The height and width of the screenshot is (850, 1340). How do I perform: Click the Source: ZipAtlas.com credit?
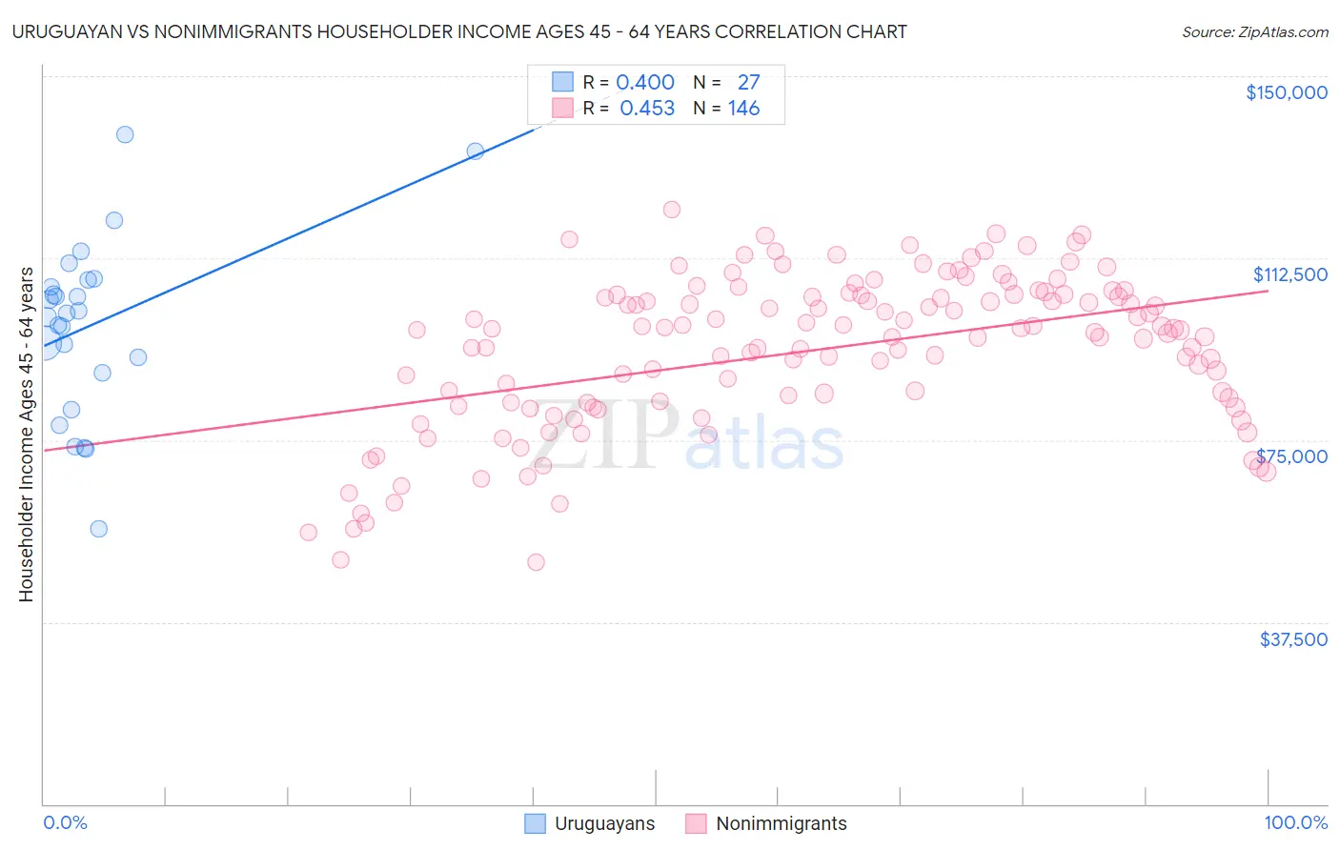coord(1254,31)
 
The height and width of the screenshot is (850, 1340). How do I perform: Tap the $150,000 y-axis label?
coord(1286,92)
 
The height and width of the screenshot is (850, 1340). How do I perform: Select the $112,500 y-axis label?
coord(1289,274)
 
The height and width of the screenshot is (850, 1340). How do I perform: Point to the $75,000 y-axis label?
coord(1291,456)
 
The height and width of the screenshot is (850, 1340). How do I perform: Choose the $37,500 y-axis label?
coord(1292,639)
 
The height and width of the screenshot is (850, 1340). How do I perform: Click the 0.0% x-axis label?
coord(65,822)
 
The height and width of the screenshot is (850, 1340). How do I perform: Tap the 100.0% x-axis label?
coord(1295,822)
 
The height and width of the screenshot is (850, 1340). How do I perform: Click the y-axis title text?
coord(26,435)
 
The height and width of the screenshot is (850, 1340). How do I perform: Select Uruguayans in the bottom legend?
coord(604,823)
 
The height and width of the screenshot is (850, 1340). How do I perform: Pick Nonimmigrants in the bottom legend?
coord(781,823)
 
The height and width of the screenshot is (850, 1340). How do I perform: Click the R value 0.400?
coord(645,82)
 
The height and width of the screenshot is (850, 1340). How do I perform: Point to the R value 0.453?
coord(647,109)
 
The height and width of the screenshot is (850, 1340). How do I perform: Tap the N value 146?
coord(743,109)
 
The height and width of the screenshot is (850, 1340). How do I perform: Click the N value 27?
coord(748,82)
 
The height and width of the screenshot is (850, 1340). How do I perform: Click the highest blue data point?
coord(125,134)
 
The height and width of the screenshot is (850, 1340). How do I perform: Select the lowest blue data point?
coord(98,529)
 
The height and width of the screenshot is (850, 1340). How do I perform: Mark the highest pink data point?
coord(671,210)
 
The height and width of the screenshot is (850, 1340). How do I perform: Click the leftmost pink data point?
coord(308,533)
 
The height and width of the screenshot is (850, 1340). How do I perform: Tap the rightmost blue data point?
coord(475,151)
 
